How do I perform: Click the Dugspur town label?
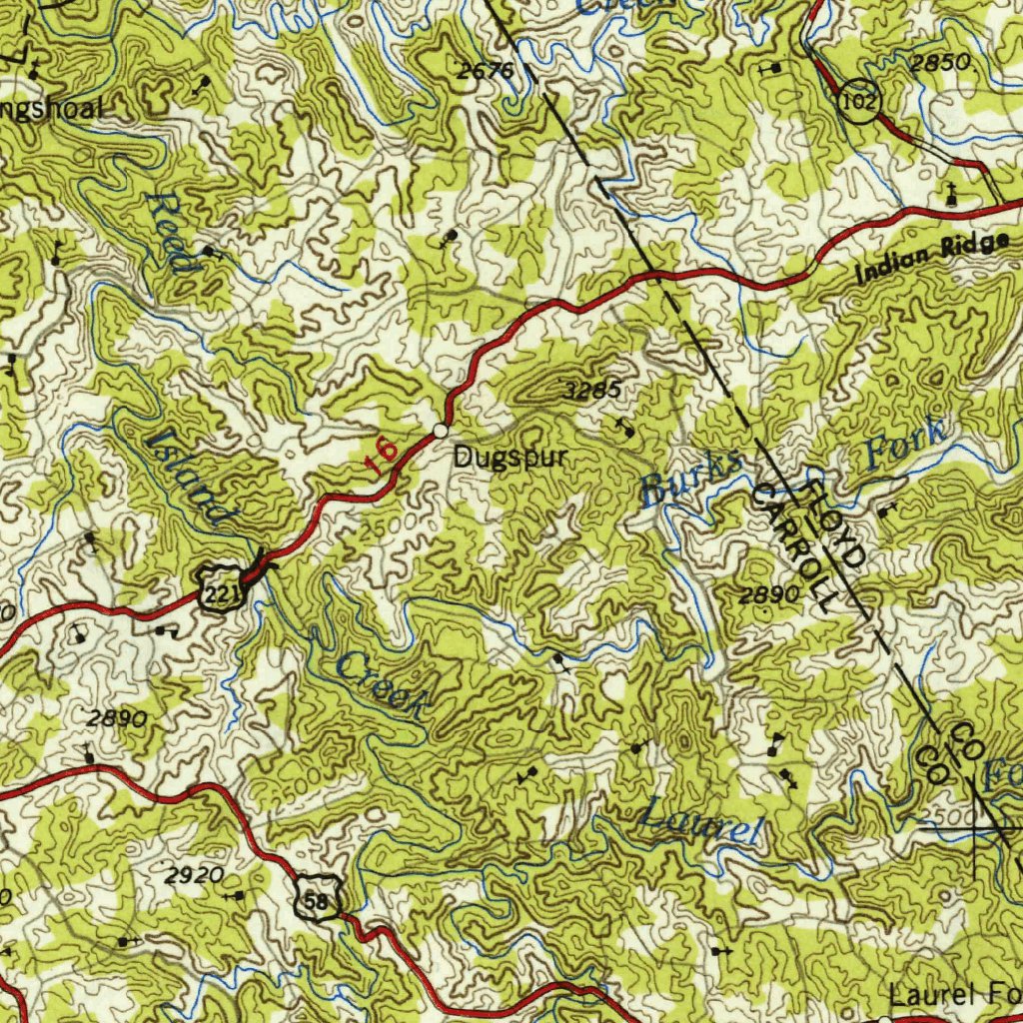[x=511, y=459]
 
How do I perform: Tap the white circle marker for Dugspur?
[x=440, y=431]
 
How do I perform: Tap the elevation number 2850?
[x=940, y=62]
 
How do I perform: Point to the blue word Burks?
[x=691, y=479]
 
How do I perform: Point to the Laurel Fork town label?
[x=954, y=995]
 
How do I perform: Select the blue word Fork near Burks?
[x=905, y=445]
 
